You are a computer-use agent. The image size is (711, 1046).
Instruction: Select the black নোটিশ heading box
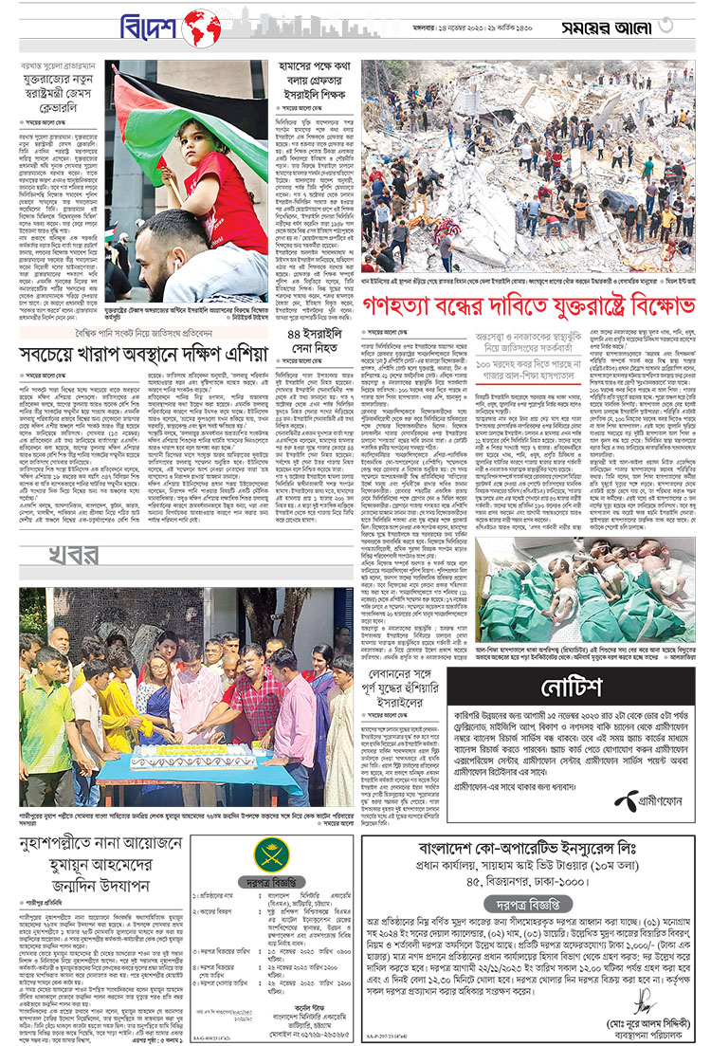point(568,688)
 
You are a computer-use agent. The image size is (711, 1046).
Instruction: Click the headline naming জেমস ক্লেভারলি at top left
point(60,94)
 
